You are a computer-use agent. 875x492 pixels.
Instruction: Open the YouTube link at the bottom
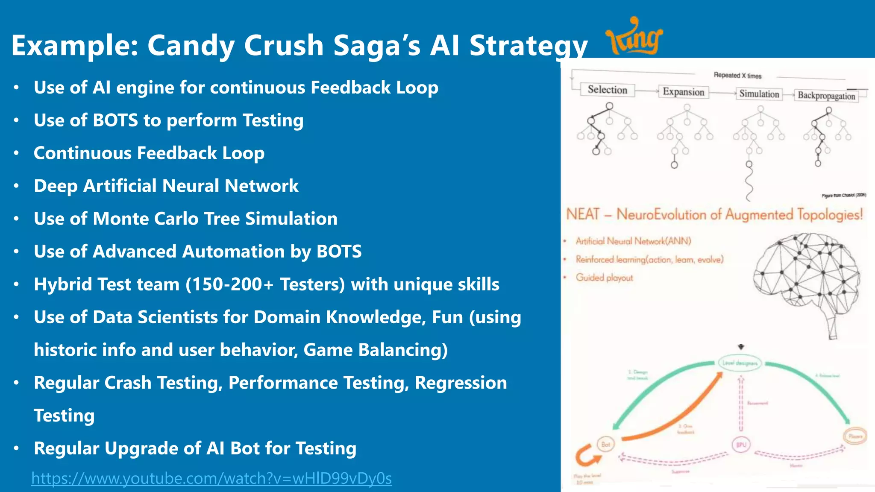pyautogui.click(x=211, y=478)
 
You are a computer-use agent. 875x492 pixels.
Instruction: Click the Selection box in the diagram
pyautogui.click(x=607, y=90)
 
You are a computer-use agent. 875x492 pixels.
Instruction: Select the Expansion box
pyautogui.click(x=683, y=92)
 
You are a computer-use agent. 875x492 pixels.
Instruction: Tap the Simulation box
pyautogui.click(x=759, y=94)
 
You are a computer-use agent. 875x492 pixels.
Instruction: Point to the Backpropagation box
pyautogui.click(x=826, y=96)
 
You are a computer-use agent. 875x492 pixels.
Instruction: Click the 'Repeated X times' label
pyautogui.click(x=737, y=76)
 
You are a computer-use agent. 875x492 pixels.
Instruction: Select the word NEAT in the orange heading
pyautogui.click(x=583, y=214)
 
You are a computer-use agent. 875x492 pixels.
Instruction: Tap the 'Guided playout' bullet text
pyautogui.click(x=604, y=278)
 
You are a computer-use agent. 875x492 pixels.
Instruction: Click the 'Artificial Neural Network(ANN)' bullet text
pyautogui.click(x=633, y=241)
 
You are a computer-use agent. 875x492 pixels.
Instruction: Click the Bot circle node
pyautogui.click(x=606, y=444)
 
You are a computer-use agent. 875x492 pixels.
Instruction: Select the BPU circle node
pyautogui.click(x=741, y=445)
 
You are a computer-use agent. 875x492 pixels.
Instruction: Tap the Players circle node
pyautogui.click(x=855, y=436)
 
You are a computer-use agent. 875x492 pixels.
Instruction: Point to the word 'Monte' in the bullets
pyautogui.click(x=120, y=219)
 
